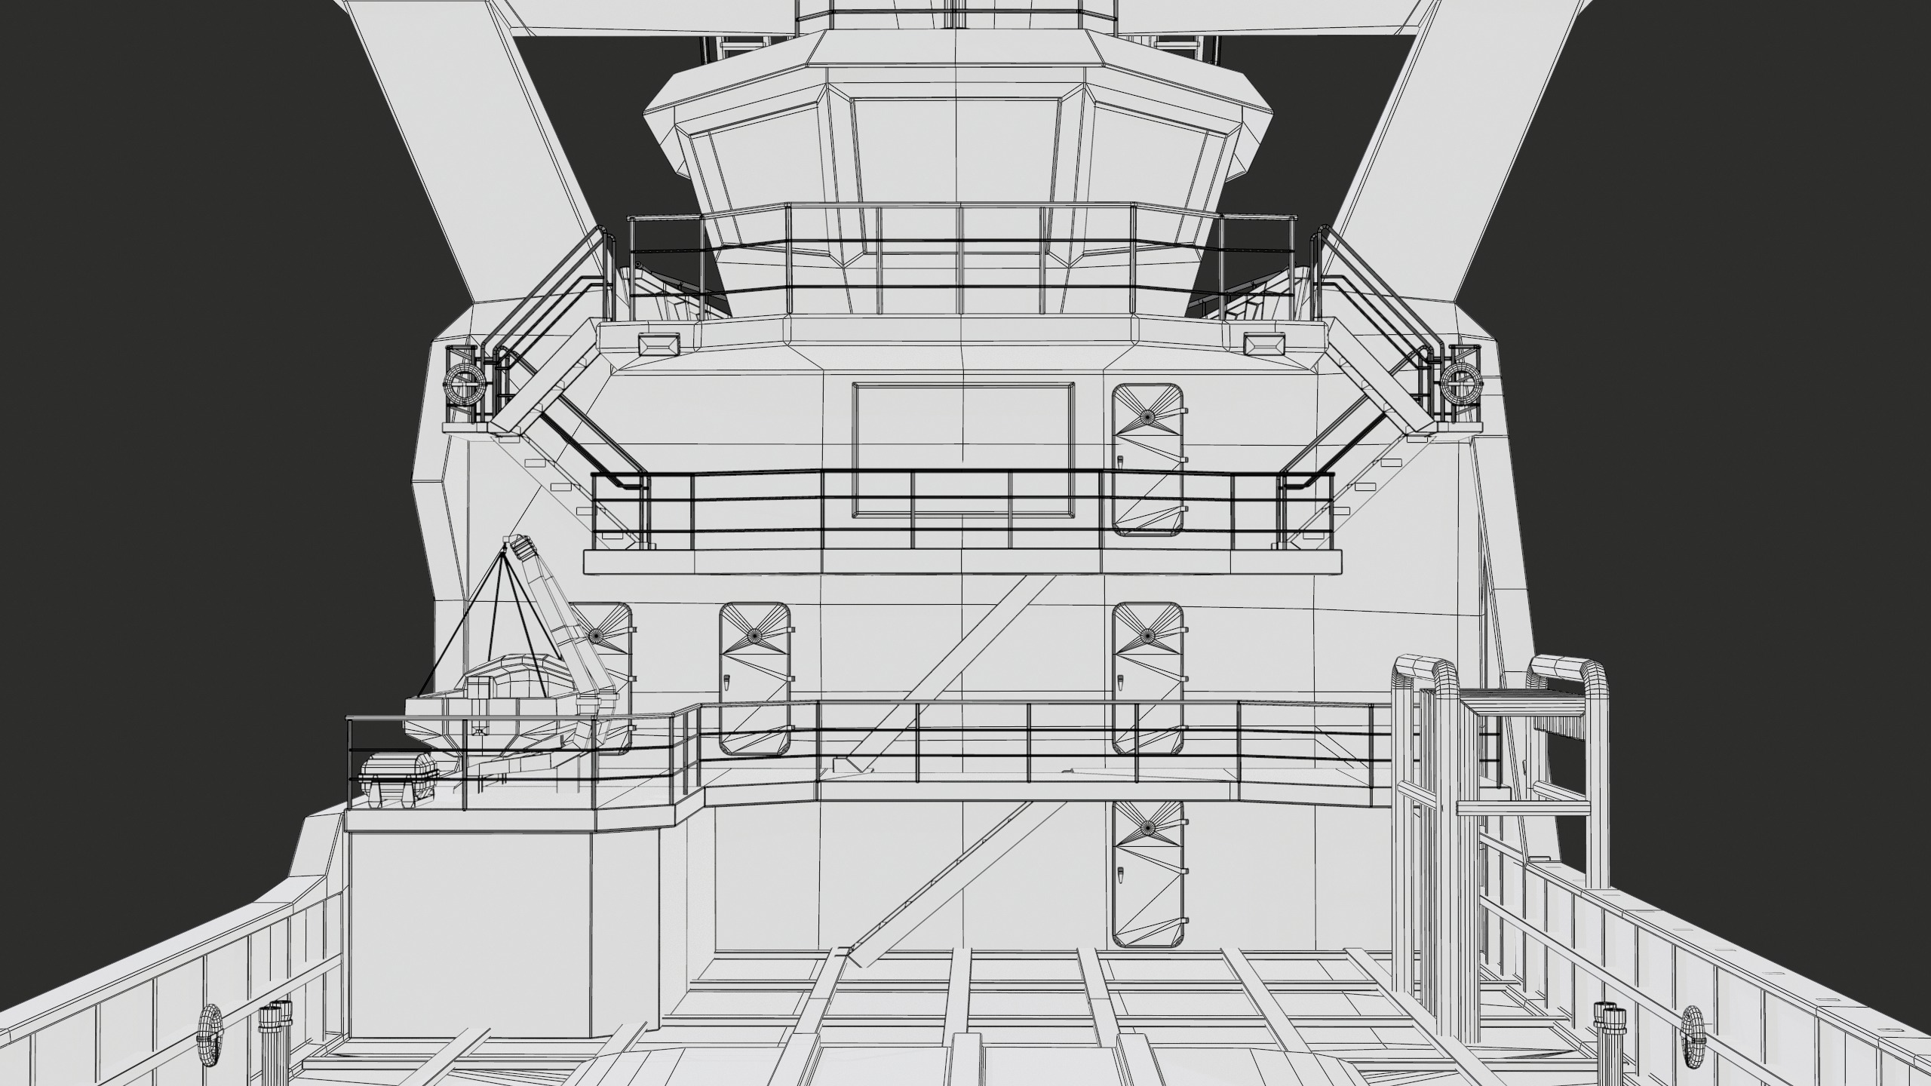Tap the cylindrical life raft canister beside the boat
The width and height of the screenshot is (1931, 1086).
tap(398, 778)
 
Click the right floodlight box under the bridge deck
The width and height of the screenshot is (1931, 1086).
tap(1263, 345)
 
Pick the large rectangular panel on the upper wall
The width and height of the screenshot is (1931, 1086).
tap(964, 450)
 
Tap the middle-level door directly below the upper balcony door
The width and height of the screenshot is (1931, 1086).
tap(1147, 679)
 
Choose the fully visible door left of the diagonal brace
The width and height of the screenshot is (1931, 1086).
tap(754, 679)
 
